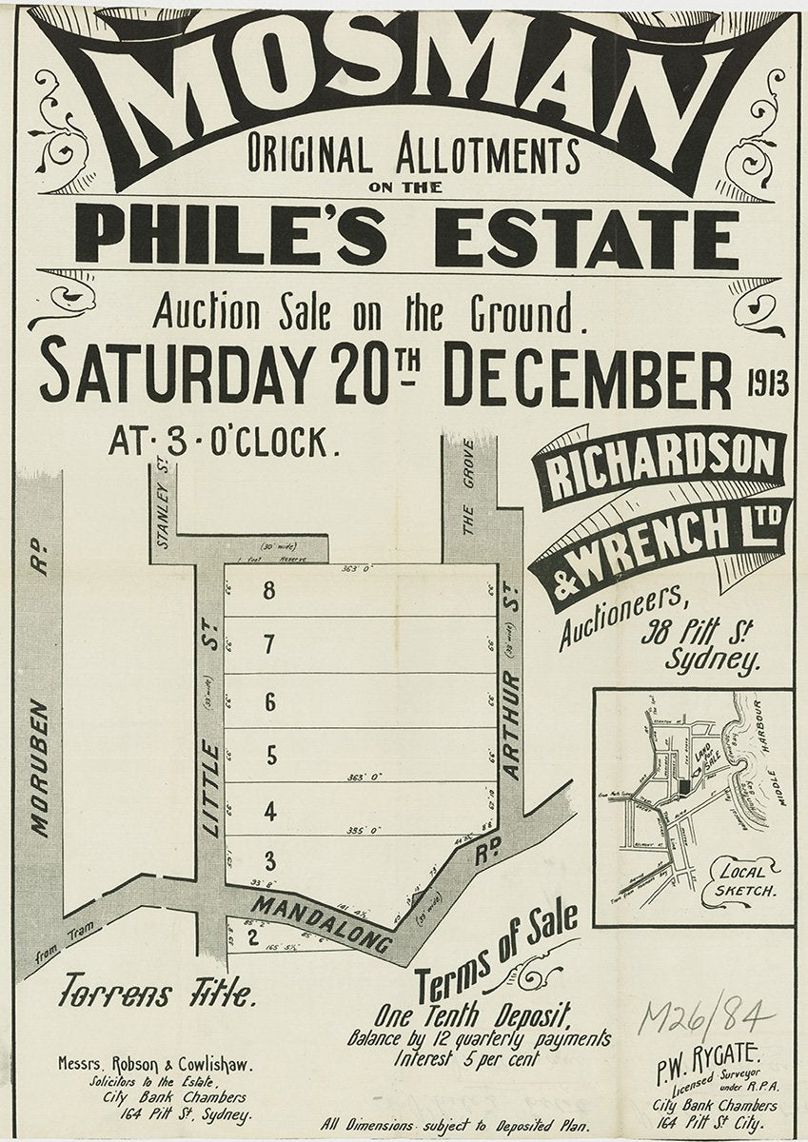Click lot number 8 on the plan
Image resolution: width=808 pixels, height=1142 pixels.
point(269,591)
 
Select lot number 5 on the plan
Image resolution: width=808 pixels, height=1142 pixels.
point(270,757)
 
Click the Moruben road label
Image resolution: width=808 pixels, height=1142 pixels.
point(39,767)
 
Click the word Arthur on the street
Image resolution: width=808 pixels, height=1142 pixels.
point(512,725)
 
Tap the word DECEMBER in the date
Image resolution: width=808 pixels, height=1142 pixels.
point(587,378)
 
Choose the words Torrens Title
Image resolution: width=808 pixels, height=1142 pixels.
point(156,994)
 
